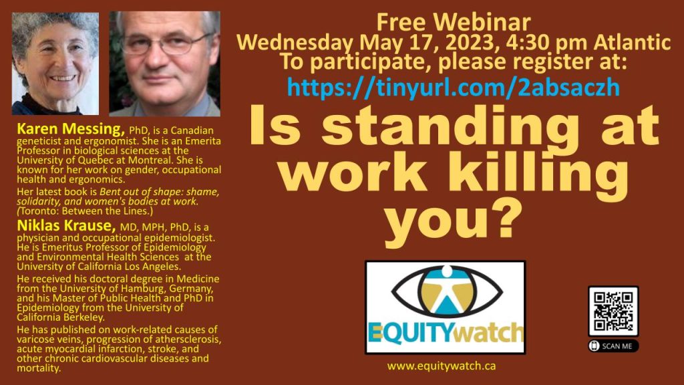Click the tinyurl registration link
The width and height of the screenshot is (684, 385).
[x=454, y=88]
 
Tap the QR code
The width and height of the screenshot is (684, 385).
[x=613, y=311]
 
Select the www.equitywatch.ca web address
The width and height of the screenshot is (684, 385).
[x=441, y=366]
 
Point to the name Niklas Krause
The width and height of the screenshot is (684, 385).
[x=66, y=226]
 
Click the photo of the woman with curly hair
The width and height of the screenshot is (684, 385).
[x=55, y=63]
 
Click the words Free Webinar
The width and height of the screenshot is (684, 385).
[x=454, y=22]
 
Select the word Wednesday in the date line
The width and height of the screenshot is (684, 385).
[x=295, y=43]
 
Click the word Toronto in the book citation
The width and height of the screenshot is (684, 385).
[x=37, y=211]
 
